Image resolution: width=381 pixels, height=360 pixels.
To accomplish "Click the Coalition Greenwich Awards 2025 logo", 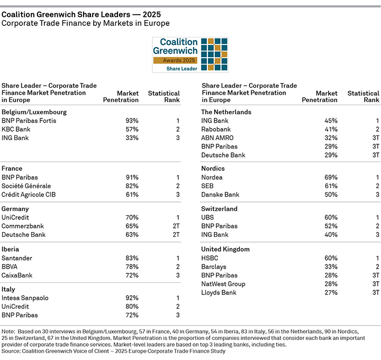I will point(190,54).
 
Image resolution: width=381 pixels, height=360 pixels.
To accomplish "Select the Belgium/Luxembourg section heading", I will point(30,112).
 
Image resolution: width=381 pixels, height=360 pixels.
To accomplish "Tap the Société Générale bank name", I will point(27,186).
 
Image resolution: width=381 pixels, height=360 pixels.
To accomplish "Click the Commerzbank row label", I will point(23,226).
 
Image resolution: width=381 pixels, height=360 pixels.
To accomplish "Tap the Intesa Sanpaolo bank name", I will point(25,298).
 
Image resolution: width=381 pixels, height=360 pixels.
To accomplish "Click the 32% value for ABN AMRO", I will point(331,138).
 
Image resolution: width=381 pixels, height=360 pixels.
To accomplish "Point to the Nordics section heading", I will point(214,169).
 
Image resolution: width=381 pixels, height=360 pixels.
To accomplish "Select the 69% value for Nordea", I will point(331,178).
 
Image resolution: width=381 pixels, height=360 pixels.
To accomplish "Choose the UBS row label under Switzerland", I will point(208,217).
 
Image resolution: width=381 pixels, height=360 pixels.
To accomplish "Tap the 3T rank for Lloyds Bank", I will point(375,292).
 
